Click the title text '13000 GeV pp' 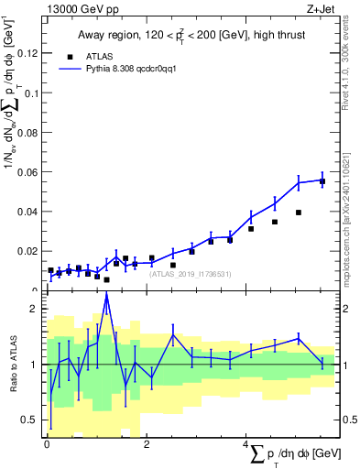[78, 9]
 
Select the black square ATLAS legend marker [69, 55]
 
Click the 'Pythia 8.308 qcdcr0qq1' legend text [138, 68]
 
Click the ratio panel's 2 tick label [34, 309]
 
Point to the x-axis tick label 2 [147, 445]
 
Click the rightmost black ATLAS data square [322, 181]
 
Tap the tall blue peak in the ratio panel [107, 295]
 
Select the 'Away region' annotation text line [191, 36]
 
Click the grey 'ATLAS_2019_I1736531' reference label [191, 274]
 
